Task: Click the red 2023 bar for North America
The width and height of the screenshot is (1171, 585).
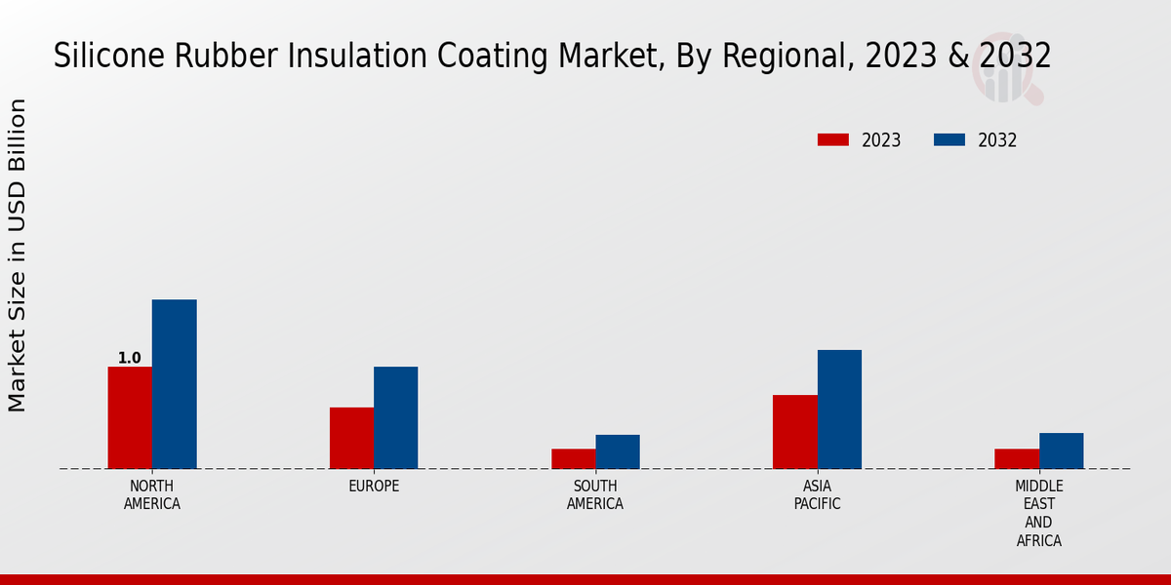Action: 130,417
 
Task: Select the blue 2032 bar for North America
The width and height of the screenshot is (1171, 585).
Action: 174,384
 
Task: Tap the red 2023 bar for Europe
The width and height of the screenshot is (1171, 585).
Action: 351,438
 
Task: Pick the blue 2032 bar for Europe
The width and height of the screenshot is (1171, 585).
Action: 395,417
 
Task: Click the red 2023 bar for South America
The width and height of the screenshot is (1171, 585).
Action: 573,458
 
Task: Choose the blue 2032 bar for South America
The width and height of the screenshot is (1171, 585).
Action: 618,451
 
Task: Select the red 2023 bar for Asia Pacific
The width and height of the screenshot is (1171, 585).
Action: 794,432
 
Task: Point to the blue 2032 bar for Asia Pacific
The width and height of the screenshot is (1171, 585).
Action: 839,409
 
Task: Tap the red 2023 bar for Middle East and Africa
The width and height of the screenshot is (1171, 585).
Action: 1017,458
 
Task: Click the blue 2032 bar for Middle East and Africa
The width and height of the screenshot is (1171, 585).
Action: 1061,450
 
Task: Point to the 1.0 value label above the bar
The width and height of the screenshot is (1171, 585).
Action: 130,358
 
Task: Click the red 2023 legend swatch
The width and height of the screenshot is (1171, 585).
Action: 832,139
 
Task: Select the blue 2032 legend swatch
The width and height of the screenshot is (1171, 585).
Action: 949,139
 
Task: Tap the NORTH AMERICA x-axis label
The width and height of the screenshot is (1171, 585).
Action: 152,495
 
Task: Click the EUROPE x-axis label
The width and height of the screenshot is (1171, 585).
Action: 374,487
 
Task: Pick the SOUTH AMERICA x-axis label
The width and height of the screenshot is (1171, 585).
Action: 595,495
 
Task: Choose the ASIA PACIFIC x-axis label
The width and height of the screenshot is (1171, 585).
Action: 817,495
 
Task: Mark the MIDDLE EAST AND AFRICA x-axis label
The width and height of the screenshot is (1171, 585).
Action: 1039,513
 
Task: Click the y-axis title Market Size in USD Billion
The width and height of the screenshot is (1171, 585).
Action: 18,255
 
